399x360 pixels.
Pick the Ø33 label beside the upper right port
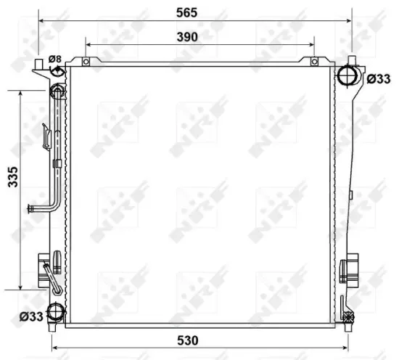[x=379, y=78]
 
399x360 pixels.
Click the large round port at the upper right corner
[x=349, y=75]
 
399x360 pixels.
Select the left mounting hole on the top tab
[x=86, y=62]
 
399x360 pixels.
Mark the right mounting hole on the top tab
[x=316, y=62]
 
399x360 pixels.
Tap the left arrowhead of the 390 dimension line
[x=89, y=45]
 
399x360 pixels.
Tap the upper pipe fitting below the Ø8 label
[x=57, y=91]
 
